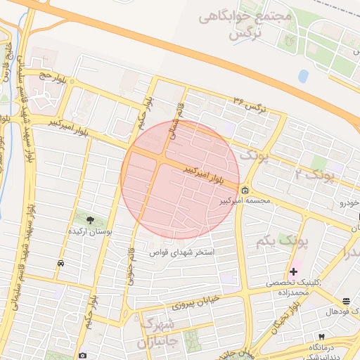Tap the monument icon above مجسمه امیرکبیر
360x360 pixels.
point(245,191)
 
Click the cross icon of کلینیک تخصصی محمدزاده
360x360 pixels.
point(293,271)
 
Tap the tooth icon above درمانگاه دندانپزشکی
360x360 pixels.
point(321,337)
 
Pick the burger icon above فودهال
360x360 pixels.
point(345,301)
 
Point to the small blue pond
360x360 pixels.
point(303,75)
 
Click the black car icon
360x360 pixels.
point(61,263)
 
